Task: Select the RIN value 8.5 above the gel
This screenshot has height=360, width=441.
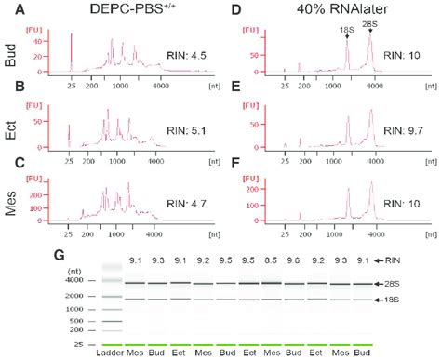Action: pos(272,261)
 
